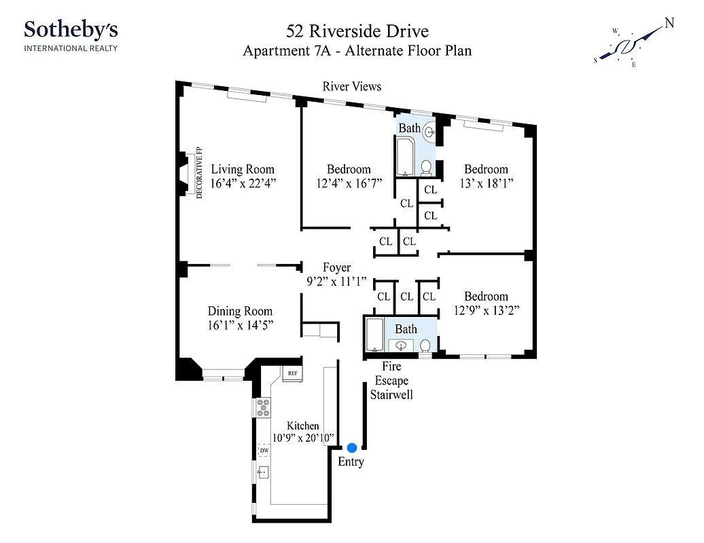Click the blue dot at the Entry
pyautogui.click(x=352, y=447)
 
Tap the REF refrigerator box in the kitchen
pyautogui.click(x=293, y=373)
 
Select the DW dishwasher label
pyautogui.click(x=264, y=450)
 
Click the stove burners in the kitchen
pyautogui.click(x=263, y=407)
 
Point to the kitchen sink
pyautogui.click(x=262, y=471)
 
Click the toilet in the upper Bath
pyautogui.click(x=426, y=167)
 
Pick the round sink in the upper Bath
pyautogui.click(x=429, y=133)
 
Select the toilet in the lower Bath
pyautogui.click(x=425, y=345)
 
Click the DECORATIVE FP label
pyautogui.click(x=200, y=172)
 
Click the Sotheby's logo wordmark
pyautogui.click(x=71, y=30)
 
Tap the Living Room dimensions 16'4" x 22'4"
pyautogui.click(x=243, y=183)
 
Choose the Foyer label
pyautogui.click(x=336, y=268)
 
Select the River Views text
pyautogui.click(x=351, y=86)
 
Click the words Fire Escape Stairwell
pyautogui.click(x=391, y=381)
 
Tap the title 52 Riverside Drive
pyautogui.click(x=357, y=31)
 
